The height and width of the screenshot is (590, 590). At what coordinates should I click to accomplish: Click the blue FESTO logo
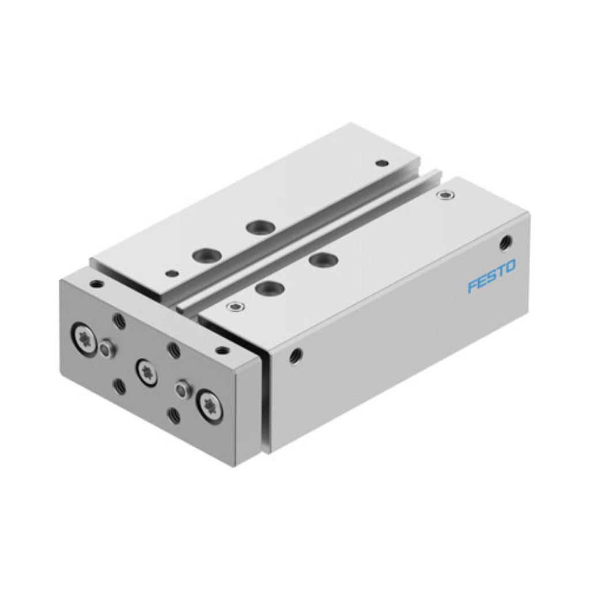pos(491,276)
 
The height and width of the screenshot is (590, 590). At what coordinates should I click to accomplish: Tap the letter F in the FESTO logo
pos(472,286)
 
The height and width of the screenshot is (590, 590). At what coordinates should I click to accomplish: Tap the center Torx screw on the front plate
pos(146,372)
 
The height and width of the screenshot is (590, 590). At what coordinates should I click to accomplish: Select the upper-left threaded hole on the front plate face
pos(120,320)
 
